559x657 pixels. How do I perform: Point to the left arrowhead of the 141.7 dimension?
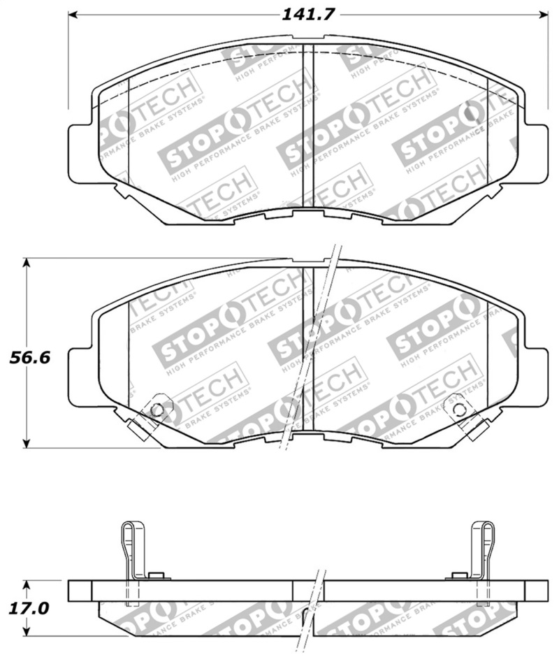pos(72,15)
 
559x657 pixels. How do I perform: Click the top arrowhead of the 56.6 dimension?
pos(27,263)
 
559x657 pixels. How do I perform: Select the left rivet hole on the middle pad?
pos(157,410)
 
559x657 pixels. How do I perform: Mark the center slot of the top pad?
pos(307,126)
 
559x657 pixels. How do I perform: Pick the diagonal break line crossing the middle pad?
pos(307,349)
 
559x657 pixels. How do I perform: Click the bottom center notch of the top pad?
pos(307,207)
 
